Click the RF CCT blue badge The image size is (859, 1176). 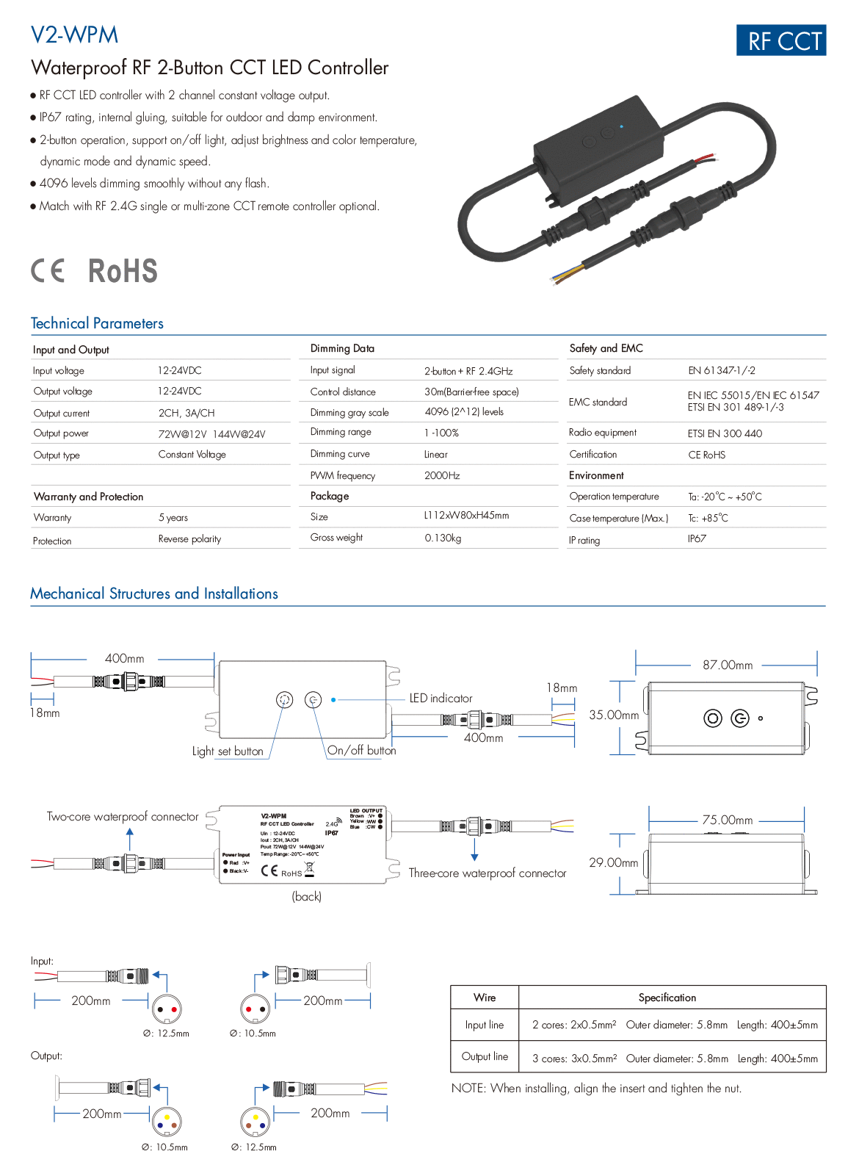[x=781, y=40]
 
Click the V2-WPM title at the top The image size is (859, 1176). [x=74, y=35]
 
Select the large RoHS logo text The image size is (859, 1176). [x=123, y=270]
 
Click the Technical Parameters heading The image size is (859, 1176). [x=97, y=323]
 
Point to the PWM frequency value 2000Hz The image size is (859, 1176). [x=442, y=475]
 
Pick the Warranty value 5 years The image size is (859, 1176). [x=173, y=518]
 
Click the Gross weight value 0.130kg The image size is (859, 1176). [x=443, y=538]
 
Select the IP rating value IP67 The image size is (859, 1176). [x=697, y=538]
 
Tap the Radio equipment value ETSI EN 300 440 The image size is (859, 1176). [x=725, y=433]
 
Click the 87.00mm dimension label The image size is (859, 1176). [x=728, y=665]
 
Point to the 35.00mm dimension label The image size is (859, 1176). [x=614, y=715]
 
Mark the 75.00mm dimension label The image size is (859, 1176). [x=728, y=820]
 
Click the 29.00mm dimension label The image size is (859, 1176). [x=614, y=862]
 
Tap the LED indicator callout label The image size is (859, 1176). [x=441, y=699]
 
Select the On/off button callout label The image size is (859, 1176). [x=361, y=750]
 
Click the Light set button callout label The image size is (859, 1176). [x=228, y=751]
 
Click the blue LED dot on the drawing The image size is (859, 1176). [x=333, y=700]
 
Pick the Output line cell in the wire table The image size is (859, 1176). [x=485, y=1056]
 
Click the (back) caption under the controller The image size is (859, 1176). [x=307, y=896]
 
